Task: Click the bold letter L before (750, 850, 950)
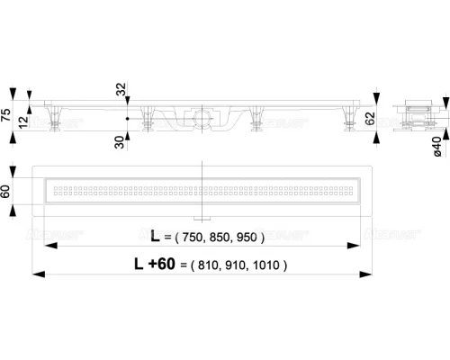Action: pos(157,238)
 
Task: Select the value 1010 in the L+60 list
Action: pos(267,265)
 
